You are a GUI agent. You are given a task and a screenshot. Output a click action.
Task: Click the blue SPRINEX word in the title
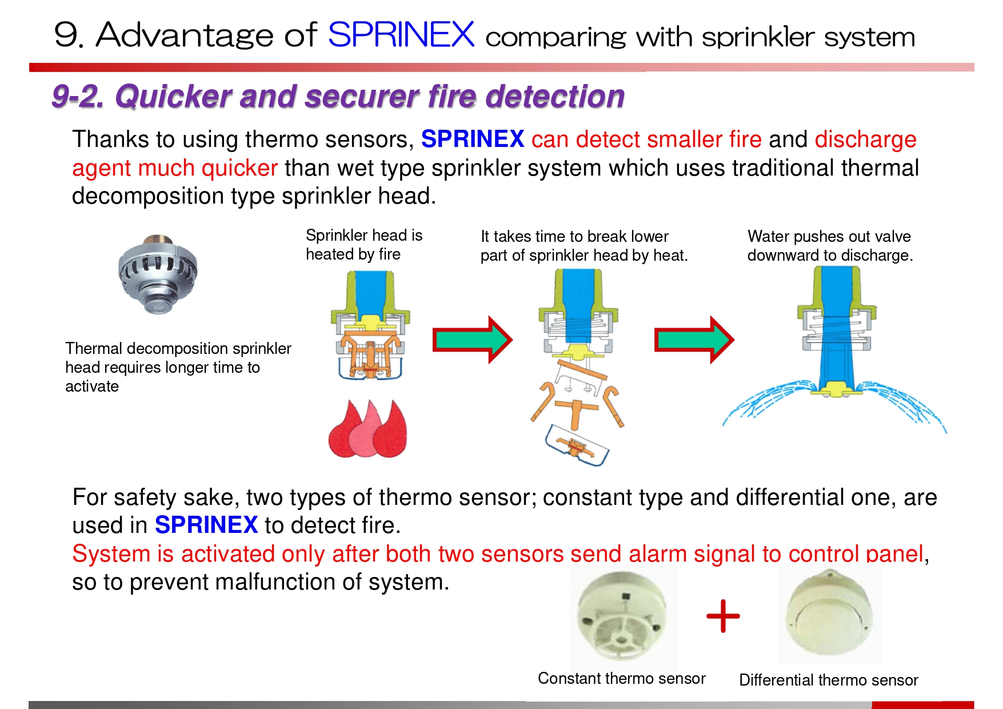401,35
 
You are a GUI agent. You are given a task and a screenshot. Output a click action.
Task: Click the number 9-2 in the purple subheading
78,96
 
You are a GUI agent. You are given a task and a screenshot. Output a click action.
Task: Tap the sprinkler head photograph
158,274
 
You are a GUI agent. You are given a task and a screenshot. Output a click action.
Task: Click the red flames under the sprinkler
367,429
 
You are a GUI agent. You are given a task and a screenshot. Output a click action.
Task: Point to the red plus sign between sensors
723,616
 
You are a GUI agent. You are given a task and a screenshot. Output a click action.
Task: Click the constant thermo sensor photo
622,618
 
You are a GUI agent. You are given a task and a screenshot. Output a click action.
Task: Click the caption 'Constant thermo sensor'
621,678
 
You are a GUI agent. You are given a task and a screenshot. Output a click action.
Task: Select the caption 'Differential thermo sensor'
828,680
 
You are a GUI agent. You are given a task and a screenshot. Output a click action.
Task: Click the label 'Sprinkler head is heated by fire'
363,245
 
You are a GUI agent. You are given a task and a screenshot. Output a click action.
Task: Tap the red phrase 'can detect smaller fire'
646,140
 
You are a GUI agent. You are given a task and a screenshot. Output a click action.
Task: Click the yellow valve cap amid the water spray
836,390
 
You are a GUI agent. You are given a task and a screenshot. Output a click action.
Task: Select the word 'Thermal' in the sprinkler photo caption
94,348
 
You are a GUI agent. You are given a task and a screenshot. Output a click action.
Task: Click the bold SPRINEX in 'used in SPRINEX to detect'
206,525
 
